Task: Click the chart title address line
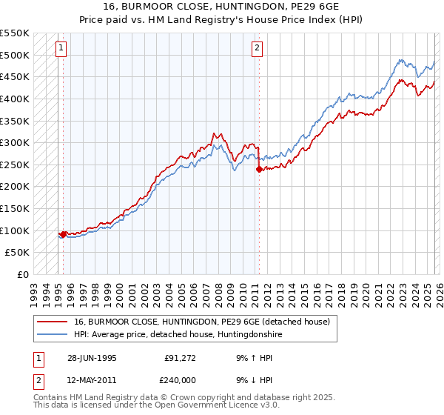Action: coord(221,7)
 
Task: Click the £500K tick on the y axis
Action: coord(15,55)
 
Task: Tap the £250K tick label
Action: coord(15,165)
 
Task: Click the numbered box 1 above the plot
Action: coord(61,49)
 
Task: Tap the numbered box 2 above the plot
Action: coord(257,49)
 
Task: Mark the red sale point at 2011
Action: coord(258,170)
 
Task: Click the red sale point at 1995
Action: coord(63,234)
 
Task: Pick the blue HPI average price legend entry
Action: coord(178,335)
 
